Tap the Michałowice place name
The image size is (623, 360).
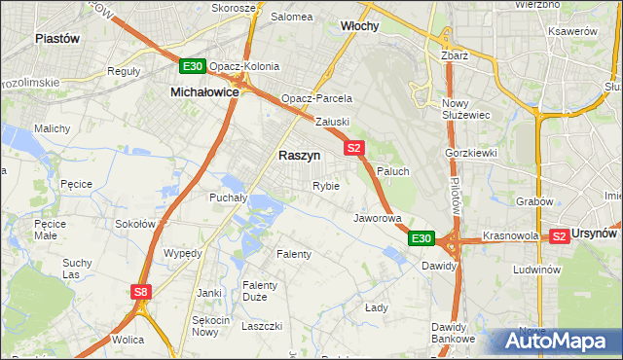[x=204, y=90]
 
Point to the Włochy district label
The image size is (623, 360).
[x=360, y=26]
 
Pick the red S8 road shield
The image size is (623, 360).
[x=142, y=291]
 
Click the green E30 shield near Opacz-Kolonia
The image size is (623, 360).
[x=192, y=66]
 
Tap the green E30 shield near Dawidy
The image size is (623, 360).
[x=421, y=238]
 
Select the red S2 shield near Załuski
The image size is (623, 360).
[x=353, y=148]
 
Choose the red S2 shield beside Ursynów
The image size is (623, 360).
[x=559, y=235]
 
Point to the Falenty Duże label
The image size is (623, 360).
[x=261, y=291]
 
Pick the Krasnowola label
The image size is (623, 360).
[x=511, y=236]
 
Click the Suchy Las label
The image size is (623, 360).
[x=77, y=269]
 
